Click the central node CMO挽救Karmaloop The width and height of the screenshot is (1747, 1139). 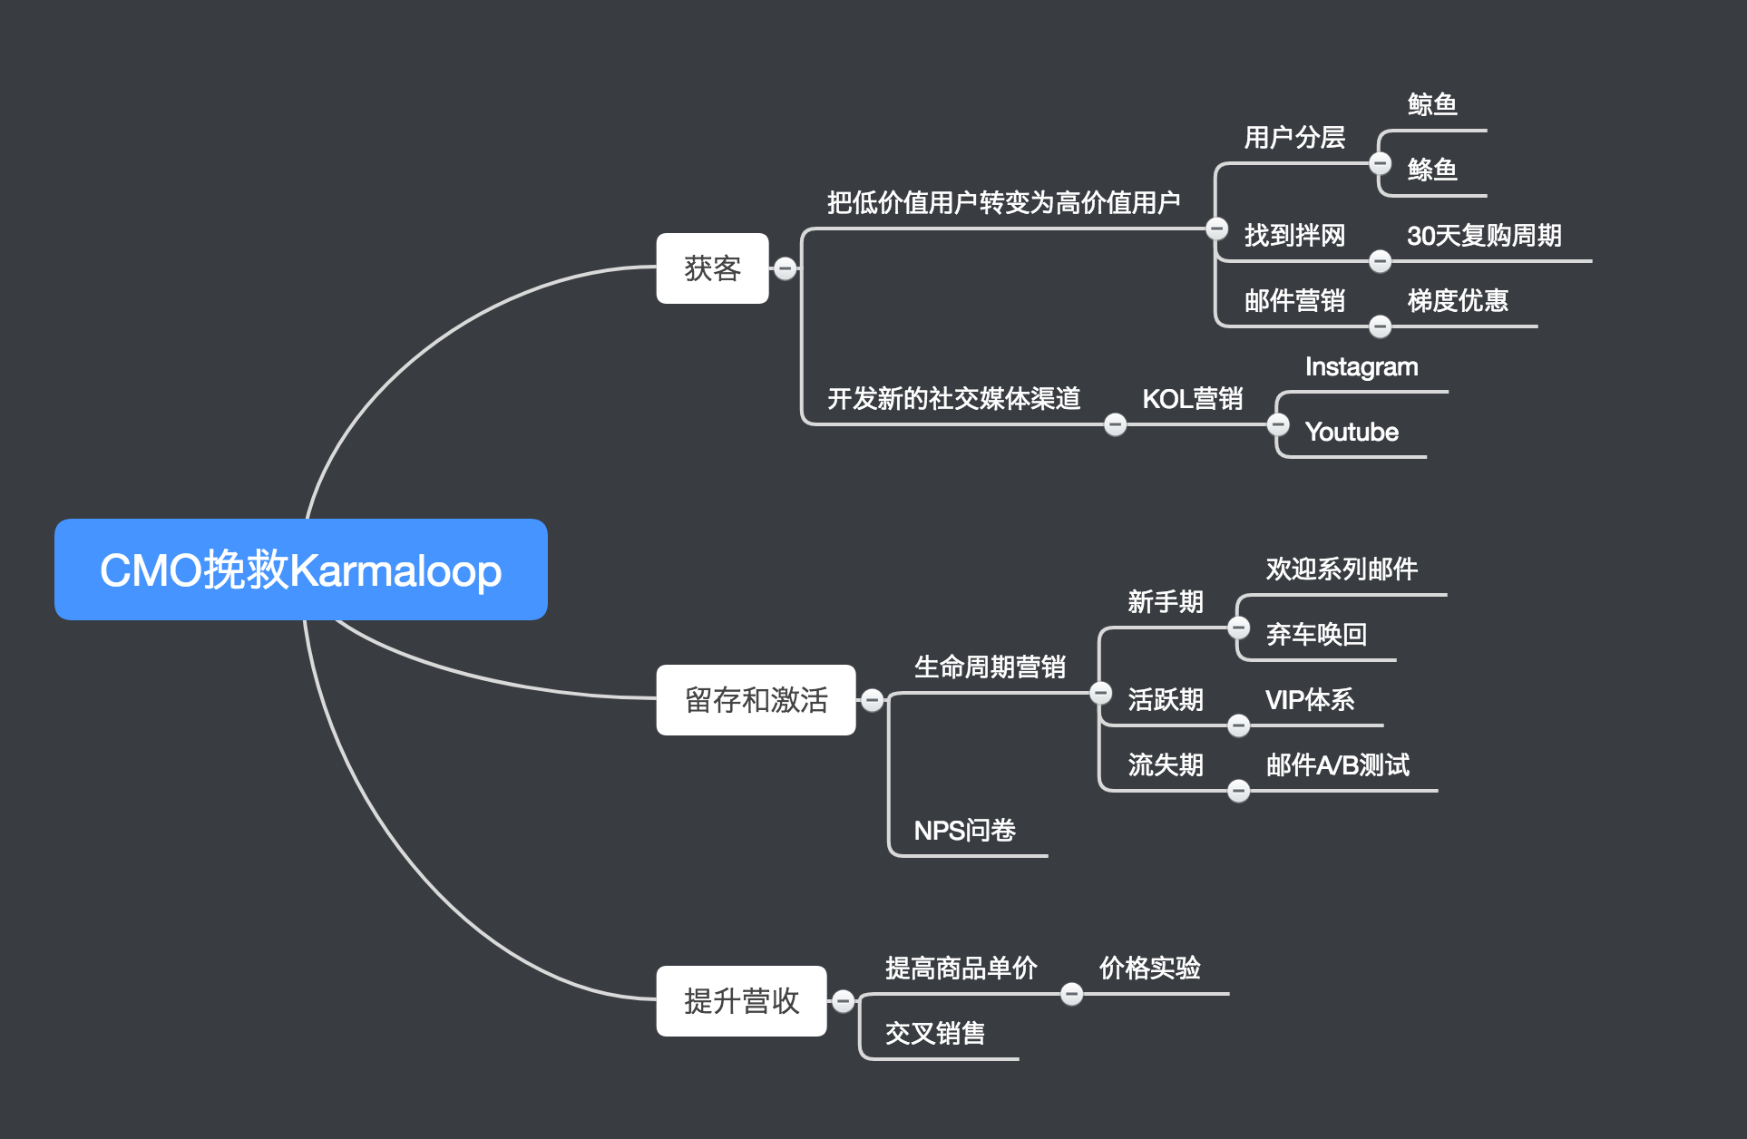coord(300,569)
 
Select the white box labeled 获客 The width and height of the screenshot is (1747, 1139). coord(712,268)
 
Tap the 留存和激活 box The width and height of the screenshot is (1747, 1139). coord(756,700)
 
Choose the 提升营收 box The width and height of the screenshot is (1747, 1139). coord(741,1001)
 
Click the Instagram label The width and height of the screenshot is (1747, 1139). coord(1361,366)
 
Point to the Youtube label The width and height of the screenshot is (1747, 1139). coord(1352,432)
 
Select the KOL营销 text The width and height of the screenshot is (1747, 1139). coord(1192,398)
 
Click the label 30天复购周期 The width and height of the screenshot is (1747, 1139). coord(1484,236)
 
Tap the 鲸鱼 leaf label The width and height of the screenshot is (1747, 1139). coord(1432,104)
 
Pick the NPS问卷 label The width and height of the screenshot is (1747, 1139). coord(964,830)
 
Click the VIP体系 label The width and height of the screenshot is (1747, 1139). coord(1309,699)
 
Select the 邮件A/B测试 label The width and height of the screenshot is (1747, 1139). coord(1337,764)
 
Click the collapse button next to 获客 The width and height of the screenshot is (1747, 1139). coord(786,268)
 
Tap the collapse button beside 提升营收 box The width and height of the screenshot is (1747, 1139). coord(843,1001)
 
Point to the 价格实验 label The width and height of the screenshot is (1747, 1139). coord(1149,968)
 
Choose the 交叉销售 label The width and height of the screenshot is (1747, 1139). coord(934,1033)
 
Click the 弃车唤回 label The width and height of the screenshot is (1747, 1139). coord(1316,634)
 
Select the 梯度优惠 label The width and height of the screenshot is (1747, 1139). coord(1457,300)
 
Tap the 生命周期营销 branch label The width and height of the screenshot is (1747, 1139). coord(990,667)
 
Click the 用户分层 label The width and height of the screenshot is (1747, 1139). coord(1293,137)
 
